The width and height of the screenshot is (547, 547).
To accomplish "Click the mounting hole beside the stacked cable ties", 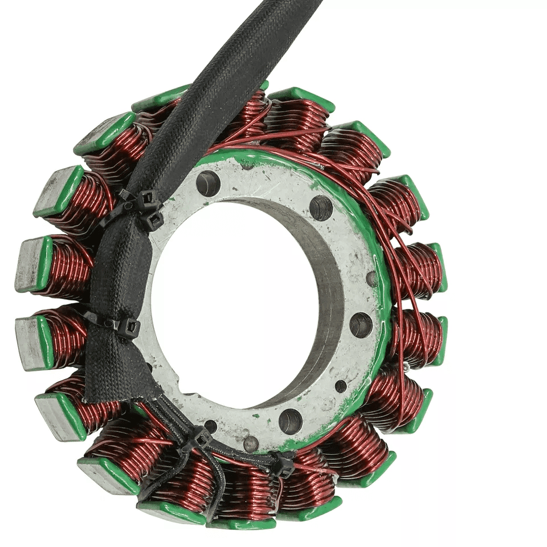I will (208, 183).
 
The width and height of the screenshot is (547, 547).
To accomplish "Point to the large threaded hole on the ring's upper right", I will (321, 207).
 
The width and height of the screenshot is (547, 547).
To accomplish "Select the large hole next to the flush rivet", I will (361, 325).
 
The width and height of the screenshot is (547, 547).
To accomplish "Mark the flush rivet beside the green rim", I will (372, 279).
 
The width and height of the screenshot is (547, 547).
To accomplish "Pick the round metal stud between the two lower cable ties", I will (250, 443).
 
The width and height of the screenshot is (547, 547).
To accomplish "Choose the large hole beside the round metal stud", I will (291, 421).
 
